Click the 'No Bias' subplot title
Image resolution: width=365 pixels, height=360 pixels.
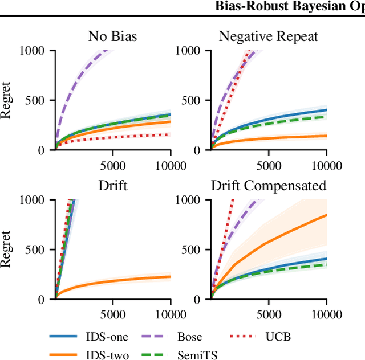113,37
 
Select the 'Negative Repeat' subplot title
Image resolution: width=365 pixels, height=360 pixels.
268,37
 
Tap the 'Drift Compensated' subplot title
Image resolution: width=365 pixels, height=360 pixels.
269,186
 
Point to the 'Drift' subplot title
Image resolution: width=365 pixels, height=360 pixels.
113,186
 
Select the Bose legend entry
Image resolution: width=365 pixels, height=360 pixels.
189,337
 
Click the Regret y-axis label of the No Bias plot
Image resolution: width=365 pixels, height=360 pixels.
6,100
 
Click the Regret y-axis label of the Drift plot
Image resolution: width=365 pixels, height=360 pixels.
6,249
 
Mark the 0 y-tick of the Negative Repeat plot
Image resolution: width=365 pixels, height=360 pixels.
200,150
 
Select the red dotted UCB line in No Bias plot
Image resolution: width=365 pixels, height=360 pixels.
114,138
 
